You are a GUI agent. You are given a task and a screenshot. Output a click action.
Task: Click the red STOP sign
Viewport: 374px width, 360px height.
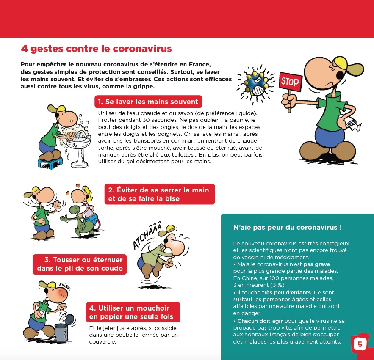pyautogui.click(x=290, y=82)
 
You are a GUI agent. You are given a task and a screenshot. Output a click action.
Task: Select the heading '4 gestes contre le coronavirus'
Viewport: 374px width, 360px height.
pyautogui.click(x=96, y=49)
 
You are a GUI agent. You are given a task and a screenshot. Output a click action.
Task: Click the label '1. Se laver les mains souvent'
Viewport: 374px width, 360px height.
pyautogui.click(x=148, y=102)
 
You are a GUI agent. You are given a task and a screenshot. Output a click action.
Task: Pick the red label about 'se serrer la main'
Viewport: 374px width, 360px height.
pyautogui.click(x=159, y=194)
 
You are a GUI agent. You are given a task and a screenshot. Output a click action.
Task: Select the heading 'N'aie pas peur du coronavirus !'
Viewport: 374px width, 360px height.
pyautogui.click(x=287, y=227)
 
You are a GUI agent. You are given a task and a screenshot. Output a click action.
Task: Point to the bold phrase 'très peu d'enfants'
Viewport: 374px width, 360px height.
pyautogui.click(x=286, y=292)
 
